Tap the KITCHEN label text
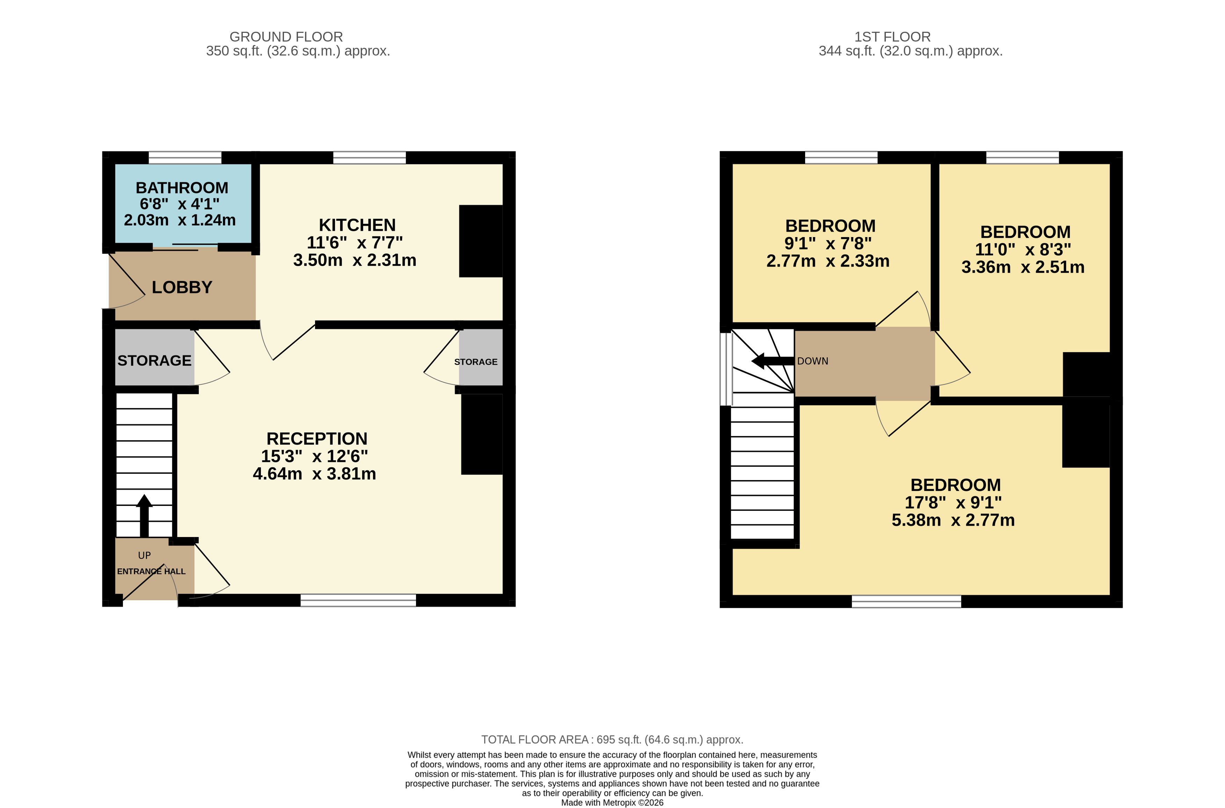[x=357, y=225]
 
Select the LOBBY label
[x=182, y=287]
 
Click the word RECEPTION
[x=317, y=439]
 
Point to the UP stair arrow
[x=144, y=516]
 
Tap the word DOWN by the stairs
[x=813, y=361]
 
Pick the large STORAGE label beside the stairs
[x=155, y=361]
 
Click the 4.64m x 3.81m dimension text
[x=314, y=473]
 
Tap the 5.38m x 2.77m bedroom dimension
[x=953, y=520]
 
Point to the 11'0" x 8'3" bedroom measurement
[x=1023, y=249]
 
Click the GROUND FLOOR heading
[x=286, y=37]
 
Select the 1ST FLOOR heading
[x=892, y=37]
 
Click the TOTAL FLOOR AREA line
[x=612, y=740]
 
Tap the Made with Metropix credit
[x=612, y=802]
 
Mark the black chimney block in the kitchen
[x=481, y=241]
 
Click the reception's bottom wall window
[x=358, y=600]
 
